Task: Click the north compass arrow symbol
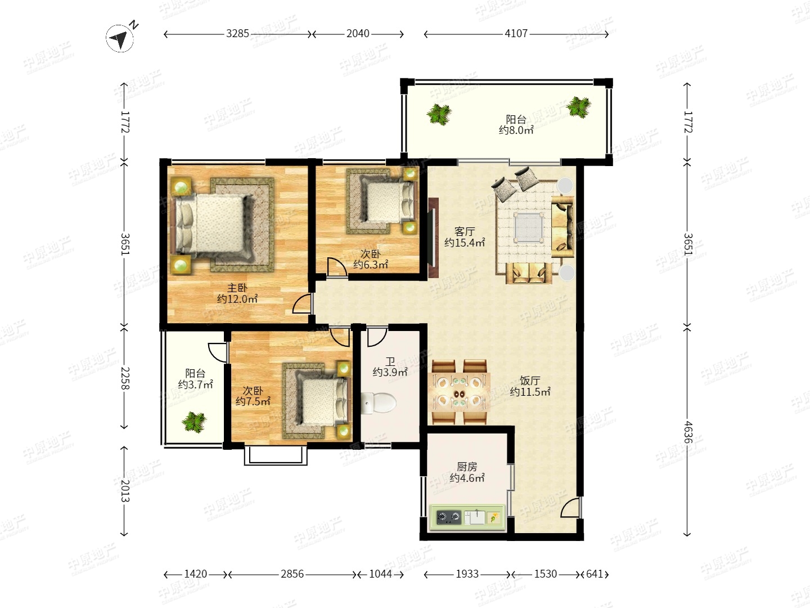point(120,38)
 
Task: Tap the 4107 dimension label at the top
point(516,34)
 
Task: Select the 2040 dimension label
point(358,34)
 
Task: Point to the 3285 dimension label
point(237,34)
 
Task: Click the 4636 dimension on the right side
point(688,432)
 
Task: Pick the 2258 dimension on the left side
point(125,378)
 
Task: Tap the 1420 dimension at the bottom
point(196,574)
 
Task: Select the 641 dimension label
point(594,574)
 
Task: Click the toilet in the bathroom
point(379,403)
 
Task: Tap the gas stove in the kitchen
point(448,517)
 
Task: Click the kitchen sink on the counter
point(475,517)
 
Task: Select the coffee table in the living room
point(529,227)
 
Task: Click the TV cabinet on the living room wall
point(433,238)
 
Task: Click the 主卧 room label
point(237,288)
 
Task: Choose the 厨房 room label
point(467,467)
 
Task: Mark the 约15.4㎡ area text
point(465,243)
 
